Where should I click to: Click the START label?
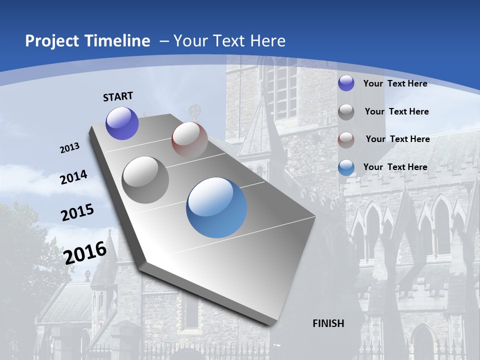click(x=118, y=96)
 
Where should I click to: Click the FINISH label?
click(x=328, y=323)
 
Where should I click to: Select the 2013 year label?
click(x=70, y=148)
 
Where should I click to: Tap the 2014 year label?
click(x=74, y=177)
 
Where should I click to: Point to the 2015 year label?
click(x=77, y=212)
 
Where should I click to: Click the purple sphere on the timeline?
click(x=122, y=123)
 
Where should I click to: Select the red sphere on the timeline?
click(x=189, y=139)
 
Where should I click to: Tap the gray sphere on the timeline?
click(x=145, y=180)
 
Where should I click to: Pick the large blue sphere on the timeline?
click(x=216, y=207)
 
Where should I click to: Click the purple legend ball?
click(x=346, y=83)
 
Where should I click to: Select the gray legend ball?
click(x=346, y=112)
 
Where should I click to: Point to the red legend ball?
click(x=346, y=140)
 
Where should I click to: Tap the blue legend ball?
click(x=346, y=168)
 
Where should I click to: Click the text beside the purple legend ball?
click(x=395, y=83)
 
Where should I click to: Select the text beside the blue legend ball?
click(x=395, y=167)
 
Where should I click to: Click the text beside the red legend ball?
click(x=397, y=139)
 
